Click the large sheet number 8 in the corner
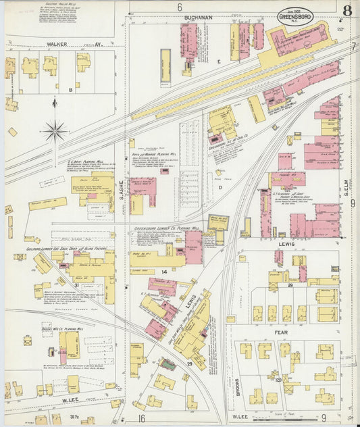[x=346, y=10]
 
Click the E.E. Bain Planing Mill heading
[x=85, y=162]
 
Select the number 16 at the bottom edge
[x=142, y=419]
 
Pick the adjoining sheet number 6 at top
[x=180, y=7]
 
